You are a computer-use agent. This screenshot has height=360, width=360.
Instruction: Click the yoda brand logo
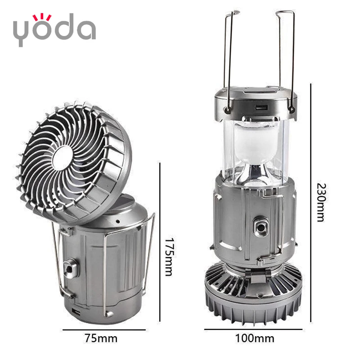click(54, 30)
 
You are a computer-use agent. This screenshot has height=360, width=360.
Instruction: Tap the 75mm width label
click(101, 338)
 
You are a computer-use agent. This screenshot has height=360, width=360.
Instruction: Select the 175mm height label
click(170, 256)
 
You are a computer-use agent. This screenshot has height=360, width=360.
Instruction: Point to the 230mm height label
click(321, 202)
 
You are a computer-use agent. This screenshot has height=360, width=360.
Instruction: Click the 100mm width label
click(255, 338)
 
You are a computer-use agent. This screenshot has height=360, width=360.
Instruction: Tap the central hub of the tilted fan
click(63, 158)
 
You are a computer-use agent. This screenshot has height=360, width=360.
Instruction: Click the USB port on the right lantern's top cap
click(262, 107)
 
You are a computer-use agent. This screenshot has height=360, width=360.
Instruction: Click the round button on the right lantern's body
click(261, 227)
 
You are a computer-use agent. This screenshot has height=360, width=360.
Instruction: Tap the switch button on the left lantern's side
click(70, 268)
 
